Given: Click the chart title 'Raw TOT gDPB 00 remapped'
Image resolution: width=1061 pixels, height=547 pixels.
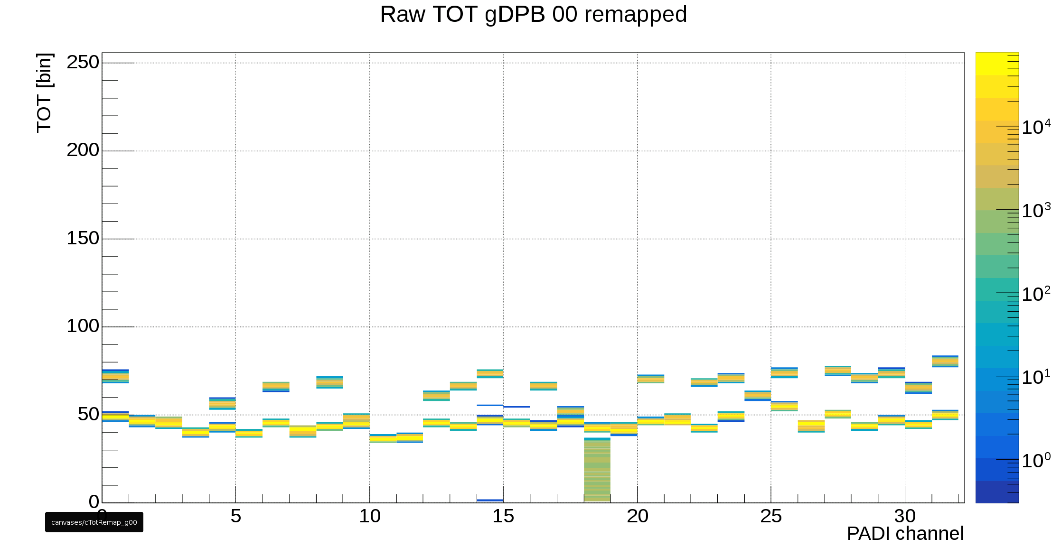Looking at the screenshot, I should (x=533, y=14).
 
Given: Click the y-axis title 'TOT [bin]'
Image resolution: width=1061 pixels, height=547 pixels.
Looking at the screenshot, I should (x=44, y=93).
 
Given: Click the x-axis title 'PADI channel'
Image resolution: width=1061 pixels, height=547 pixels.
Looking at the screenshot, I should (x=905, y=534).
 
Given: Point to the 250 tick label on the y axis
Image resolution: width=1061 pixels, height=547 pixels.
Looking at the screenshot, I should (x=83, y=62).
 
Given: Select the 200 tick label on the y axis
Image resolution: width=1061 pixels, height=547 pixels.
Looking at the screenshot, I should (x=83, y=150).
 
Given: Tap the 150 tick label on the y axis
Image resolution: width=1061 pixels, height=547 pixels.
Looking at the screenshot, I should (x=83, y=238).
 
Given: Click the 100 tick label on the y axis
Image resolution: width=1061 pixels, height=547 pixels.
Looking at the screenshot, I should (x=83, y=326).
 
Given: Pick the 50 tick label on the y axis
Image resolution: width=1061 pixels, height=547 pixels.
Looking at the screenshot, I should (x=88, y=414).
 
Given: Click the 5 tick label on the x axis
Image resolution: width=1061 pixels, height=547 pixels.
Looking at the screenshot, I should (x=235, y=517).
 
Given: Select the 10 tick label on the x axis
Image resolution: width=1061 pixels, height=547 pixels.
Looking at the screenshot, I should (x=369, y=517).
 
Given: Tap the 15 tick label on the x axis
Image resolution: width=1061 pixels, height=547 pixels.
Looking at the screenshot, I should (x=503, y=517).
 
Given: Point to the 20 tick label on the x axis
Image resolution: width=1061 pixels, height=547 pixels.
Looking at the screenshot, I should (x=637, y=517).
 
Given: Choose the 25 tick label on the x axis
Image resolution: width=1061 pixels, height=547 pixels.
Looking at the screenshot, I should (x=771, y=517).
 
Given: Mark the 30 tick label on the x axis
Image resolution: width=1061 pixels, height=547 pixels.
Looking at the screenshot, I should (x=905, y=517).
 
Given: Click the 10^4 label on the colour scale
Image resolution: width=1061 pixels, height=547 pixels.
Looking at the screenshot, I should (x=1036, y=127).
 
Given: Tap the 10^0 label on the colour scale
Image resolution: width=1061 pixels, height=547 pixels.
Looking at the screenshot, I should (x=1036, y=461).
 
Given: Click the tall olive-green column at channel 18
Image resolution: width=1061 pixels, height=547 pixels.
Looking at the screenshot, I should (x=597, y=470).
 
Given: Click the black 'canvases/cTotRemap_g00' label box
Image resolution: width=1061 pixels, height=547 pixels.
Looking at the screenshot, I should (x=94, y=522).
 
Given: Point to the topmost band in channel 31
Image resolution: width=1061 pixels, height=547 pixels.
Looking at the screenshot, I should (x=945, y=361).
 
